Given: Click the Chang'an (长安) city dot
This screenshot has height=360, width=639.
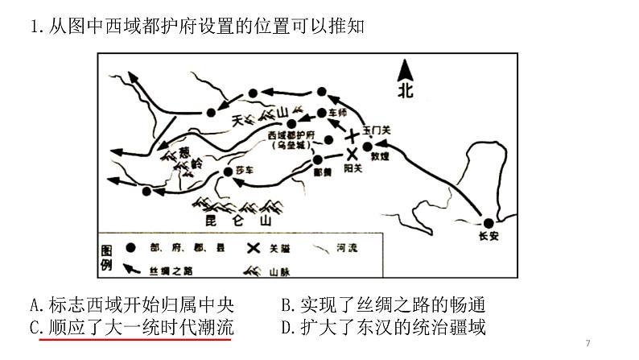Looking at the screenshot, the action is (488, 223).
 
